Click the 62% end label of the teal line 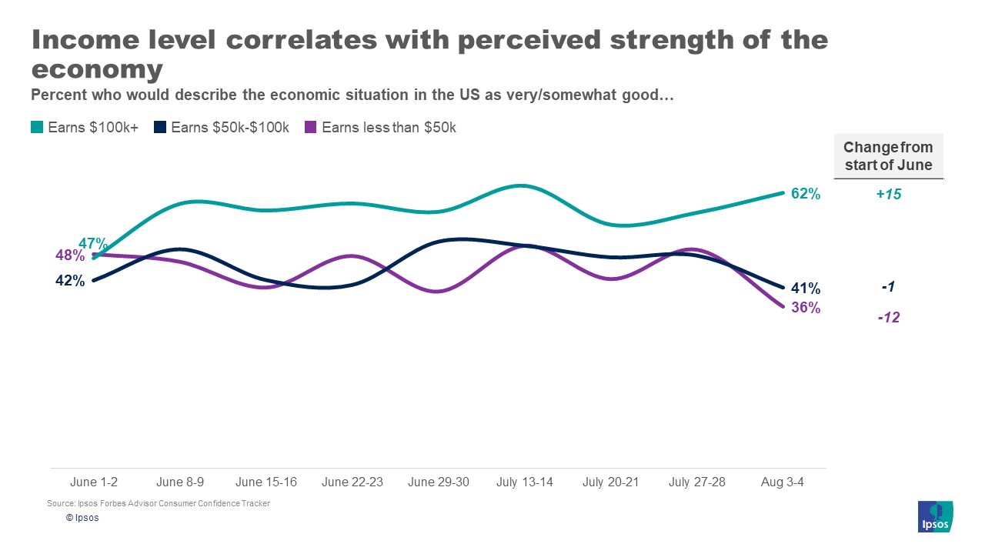pyautogui.click(x=806, y=194)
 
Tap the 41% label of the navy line pyautogui.click(x=806, y=289)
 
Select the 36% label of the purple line pyautogui.click(x=806, y=308)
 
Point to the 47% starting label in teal pyautogui.click(x=93, y=245)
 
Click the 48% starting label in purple pyautogui.click(x=69, y=255)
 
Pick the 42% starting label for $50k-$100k pyautogui.click(x=70, y=281)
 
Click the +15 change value pyautogui.click(x=888, y=195)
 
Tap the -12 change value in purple pyautogui.click(x=888, y=317)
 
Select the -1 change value pyautogui.click(x=888, y=287)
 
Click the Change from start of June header pyautogui.click(x=888, y=156)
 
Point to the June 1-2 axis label pyautogui.click(x=94, y=482)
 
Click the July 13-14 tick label pyautogui.click(x=524, y=482)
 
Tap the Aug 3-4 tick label pyautogui.click(x=783, y=482)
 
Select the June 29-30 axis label pyautogui.click(x=438, y=482)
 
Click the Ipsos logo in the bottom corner pyautogui.click(x=936, y=516)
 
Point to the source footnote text pyautogui.click(x=159, y=503)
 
